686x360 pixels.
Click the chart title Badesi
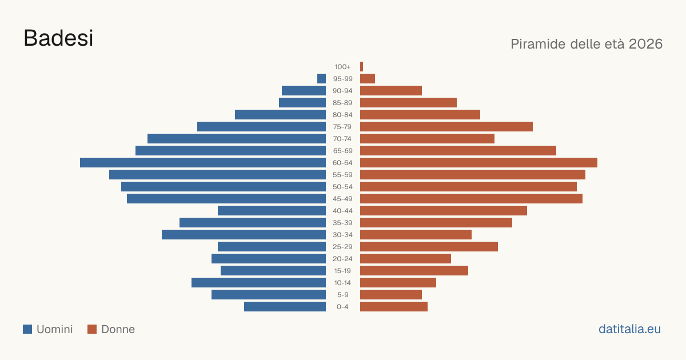[x=58, y=38]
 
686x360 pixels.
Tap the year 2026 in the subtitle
[x=645, y=44]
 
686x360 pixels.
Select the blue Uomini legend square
[x=27, y=329]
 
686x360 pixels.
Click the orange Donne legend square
[x=92, y=329]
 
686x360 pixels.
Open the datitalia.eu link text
[x=629, y=329]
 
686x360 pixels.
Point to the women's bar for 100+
[x=362, y=67]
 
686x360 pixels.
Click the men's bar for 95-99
[x=321, y=79]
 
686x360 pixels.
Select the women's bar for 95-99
[x=368, y=79]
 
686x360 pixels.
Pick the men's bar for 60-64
[x=203, y=162]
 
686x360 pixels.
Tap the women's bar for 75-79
[x=446, y=127]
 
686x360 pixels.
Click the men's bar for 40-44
[x=272, y=211]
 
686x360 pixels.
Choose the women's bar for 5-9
[x=391, y=295]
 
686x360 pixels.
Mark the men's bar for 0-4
[x=285, y=307]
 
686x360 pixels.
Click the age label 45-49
[x=342, y=199]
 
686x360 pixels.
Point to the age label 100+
[x=342, y=67]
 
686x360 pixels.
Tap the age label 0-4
[x=342, y=307]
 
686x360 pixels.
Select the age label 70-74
[x=342, y=139]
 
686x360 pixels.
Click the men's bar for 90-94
[x=304, y=91]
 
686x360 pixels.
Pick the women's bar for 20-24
[x=405, y=259]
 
